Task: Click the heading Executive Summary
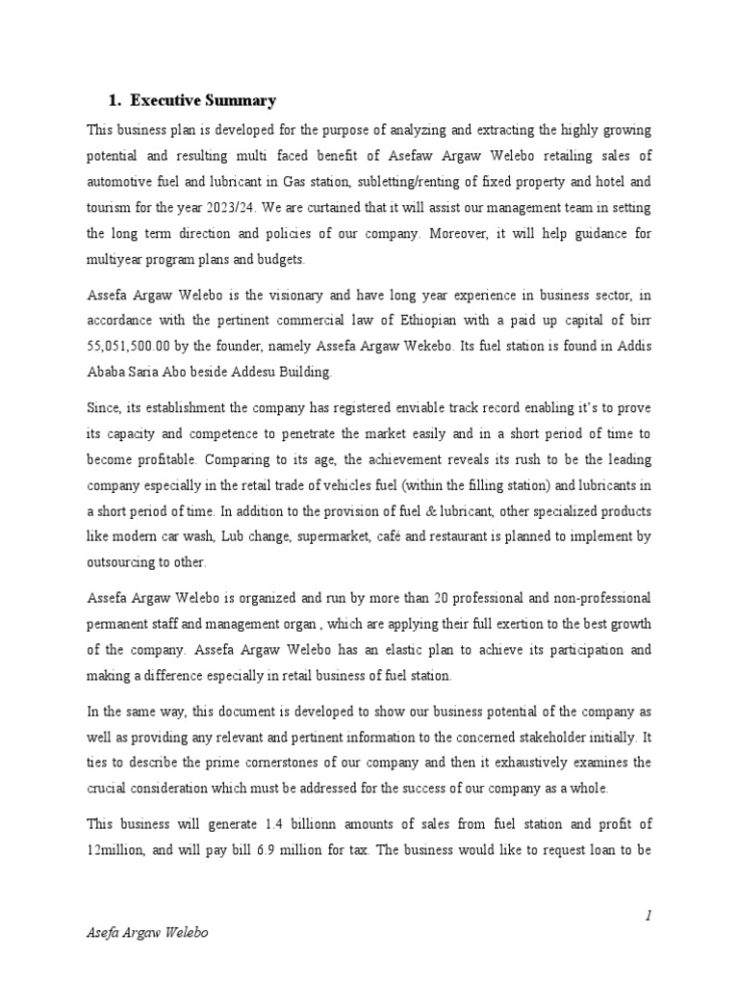click(x=203, y=100)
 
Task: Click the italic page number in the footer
click(x=650, y=917)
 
